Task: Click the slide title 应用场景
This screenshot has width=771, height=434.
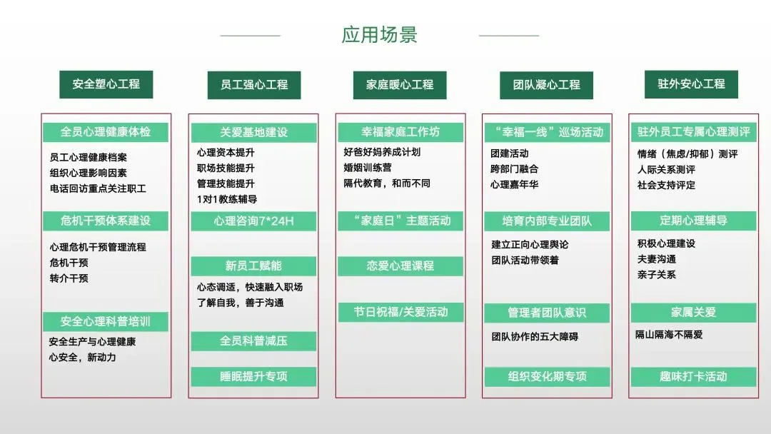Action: (379, 35)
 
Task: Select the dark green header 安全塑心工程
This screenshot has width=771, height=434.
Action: (106, 84)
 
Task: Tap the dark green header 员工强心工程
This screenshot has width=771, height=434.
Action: (253, 85)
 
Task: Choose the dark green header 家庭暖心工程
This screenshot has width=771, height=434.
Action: (400, 85)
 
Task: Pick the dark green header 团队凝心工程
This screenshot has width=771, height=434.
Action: (546, 85)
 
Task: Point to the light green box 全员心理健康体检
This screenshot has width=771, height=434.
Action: (106, 132)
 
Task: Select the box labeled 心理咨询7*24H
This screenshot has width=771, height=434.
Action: (253, 221)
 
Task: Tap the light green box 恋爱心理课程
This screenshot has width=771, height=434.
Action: (400, 266)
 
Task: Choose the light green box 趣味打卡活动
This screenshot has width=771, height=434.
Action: (692, 376)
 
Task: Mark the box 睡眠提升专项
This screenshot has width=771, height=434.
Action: (253, 376)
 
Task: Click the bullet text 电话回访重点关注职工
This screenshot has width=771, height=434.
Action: (98, 188)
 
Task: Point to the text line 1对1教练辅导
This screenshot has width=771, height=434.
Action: (227, 199)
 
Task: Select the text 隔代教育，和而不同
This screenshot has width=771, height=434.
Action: (387, 183)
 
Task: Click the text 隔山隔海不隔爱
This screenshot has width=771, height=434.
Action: (669, 334)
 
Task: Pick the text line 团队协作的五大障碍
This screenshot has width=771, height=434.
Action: (535, 335)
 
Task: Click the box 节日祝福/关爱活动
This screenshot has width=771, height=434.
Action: (400, 312)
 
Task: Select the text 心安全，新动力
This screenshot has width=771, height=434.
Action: (82, 357)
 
